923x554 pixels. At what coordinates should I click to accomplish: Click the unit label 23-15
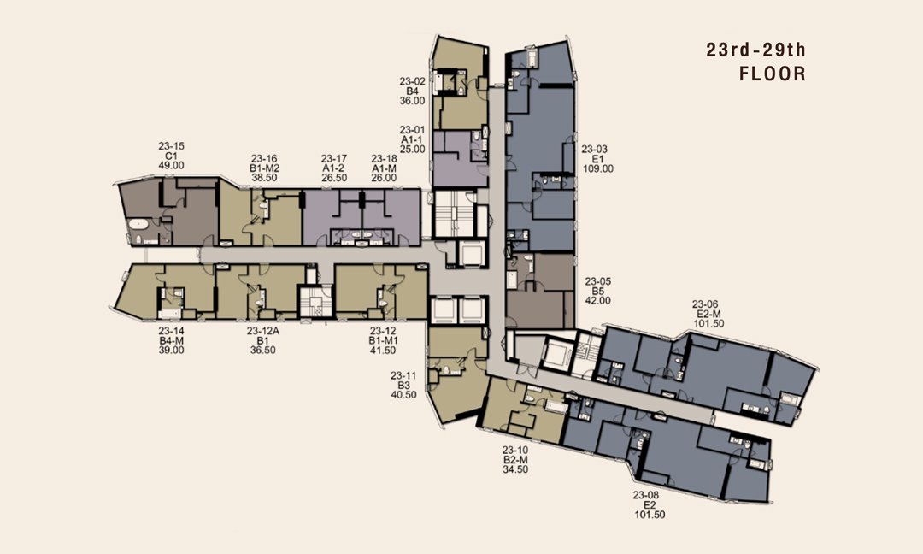coord(171,146)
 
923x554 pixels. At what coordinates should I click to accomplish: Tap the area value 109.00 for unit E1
coord(598,168)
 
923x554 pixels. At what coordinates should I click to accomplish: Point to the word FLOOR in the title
coord(773,74)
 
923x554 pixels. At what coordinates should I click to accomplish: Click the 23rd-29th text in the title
coord(755,50)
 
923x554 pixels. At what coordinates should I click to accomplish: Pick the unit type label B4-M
coord(171,340)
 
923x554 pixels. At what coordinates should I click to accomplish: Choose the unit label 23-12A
coord(262,331)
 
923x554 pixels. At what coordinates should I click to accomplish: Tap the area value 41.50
coord(383,350)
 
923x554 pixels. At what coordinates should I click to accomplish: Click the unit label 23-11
coord(403,375)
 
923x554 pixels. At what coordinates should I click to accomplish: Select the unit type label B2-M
coord(515,460)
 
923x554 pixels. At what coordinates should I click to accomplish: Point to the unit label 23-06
coord(705,304)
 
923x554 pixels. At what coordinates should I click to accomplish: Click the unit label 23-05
coord(598,281)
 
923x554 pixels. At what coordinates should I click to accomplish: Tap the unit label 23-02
coord(412,82)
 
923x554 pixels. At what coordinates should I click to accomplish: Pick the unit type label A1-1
coord(412,139)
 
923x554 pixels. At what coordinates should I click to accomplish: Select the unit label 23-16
coord(264,158)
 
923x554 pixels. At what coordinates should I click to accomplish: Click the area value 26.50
coord(334,177)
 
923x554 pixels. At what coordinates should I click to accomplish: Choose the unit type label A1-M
coord(384,168)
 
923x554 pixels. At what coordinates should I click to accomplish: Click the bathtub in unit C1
coord(139,224)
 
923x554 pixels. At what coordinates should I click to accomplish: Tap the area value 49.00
coord(171,166)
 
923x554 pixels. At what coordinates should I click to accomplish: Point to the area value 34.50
coord(515,469)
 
